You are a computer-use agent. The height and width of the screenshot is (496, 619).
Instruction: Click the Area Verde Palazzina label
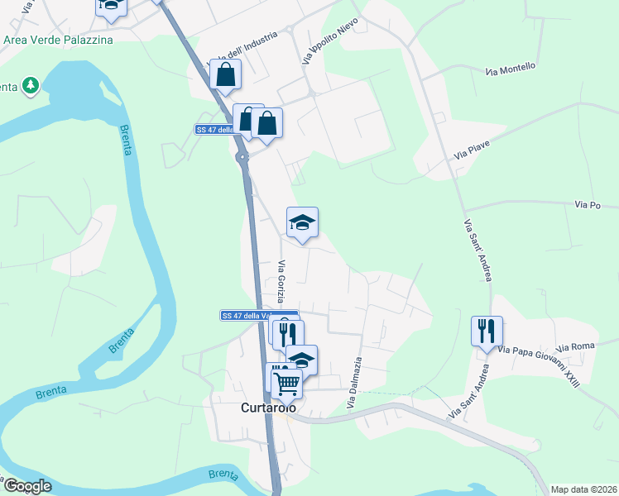tap(58, 38)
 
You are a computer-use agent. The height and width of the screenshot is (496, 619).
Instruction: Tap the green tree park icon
tap(31, 85)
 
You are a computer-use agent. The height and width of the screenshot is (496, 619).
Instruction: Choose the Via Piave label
tap(473, 150)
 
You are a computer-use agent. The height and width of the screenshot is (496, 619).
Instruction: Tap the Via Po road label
tap(587, 204)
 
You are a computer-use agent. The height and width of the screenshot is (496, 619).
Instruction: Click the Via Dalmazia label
tap(354, 383)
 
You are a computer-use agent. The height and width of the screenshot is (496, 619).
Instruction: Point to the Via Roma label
tap(576, 348)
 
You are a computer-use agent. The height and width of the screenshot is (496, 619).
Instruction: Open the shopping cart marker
tap(286, 382)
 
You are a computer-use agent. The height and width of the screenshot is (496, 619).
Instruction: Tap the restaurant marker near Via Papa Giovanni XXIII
tap(486, 331)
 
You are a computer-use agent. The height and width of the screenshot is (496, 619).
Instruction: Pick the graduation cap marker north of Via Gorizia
tap(302, 222)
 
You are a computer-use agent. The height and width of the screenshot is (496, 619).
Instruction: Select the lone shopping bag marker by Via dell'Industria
tap(225, 74)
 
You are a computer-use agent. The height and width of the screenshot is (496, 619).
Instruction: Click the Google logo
tap(27, 486)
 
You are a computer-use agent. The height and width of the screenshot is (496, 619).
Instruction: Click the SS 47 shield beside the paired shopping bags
tap(213, 130)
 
